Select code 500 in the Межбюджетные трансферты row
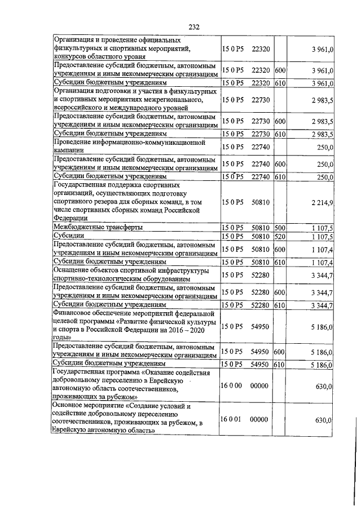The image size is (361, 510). tap(279, 227)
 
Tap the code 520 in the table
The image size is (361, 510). tap(279, 236)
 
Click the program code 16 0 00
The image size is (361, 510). tap(231, 385)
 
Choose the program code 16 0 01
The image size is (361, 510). tap(231, 420)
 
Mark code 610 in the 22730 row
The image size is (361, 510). tap(279, 134)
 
